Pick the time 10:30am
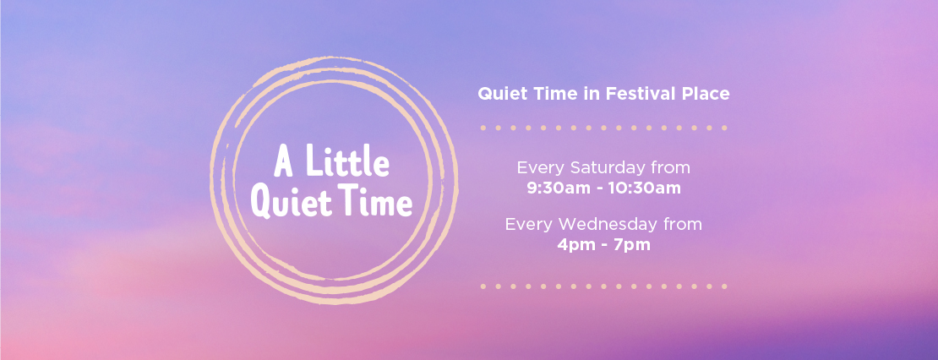(x=644, y=188)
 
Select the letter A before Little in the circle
(x=284, y=162)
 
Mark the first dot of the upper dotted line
(x=483, y=128)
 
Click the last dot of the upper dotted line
(x=724, y=128)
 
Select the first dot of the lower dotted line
(x=483, y=286)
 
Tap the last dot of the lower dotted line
(x=724, y=286)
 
